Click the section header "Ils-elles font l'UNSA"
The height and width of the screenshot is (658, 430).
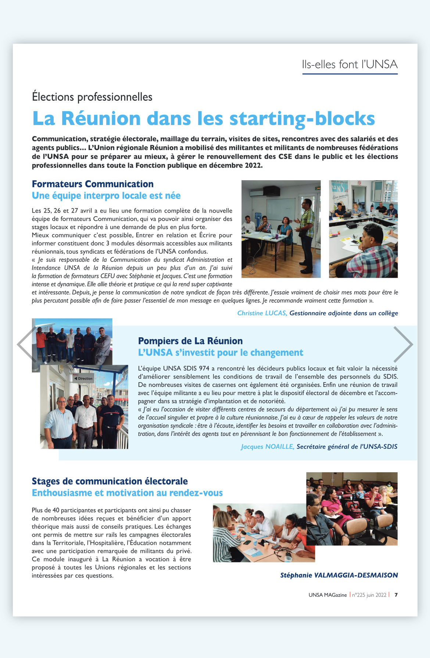(350, 64)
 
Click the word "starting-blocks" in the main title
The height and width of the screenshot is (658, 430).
(302, 118)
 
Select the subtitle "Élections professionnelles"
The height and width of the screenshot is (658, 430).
(92, 97)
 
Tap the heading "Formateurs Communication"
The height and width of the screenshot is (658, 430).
(93, 184)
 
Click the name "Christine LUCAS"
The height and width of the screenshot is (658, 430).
(262, 313)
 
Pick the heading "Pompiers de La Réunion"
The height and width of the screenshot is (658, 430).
(190, 341)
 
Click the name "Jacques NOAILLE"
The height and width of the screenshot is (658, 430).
(268, 447)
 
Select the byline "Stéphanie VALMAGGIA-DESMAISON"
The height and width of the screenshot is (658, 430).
(339, 575)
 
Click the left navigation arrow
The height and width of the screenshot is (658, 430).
(26, 345)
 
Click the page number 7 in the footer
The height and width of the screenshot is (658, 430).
(396, 595)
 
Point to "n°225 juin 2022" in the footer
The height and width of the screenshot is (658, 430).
(369, 595)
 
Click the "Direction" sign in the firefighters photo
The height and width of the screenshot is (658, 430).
(84, 378)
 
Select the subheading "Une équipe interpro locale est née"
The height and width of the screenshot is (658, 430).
(106, 196)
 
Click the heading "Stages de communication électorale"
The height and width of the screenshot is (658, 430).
(110, 481)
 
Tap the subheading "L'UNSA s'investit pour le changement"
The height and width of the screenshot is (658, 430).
(221, 353)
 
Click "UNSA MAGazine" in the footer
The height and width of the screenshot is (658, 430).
(327, 595)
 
